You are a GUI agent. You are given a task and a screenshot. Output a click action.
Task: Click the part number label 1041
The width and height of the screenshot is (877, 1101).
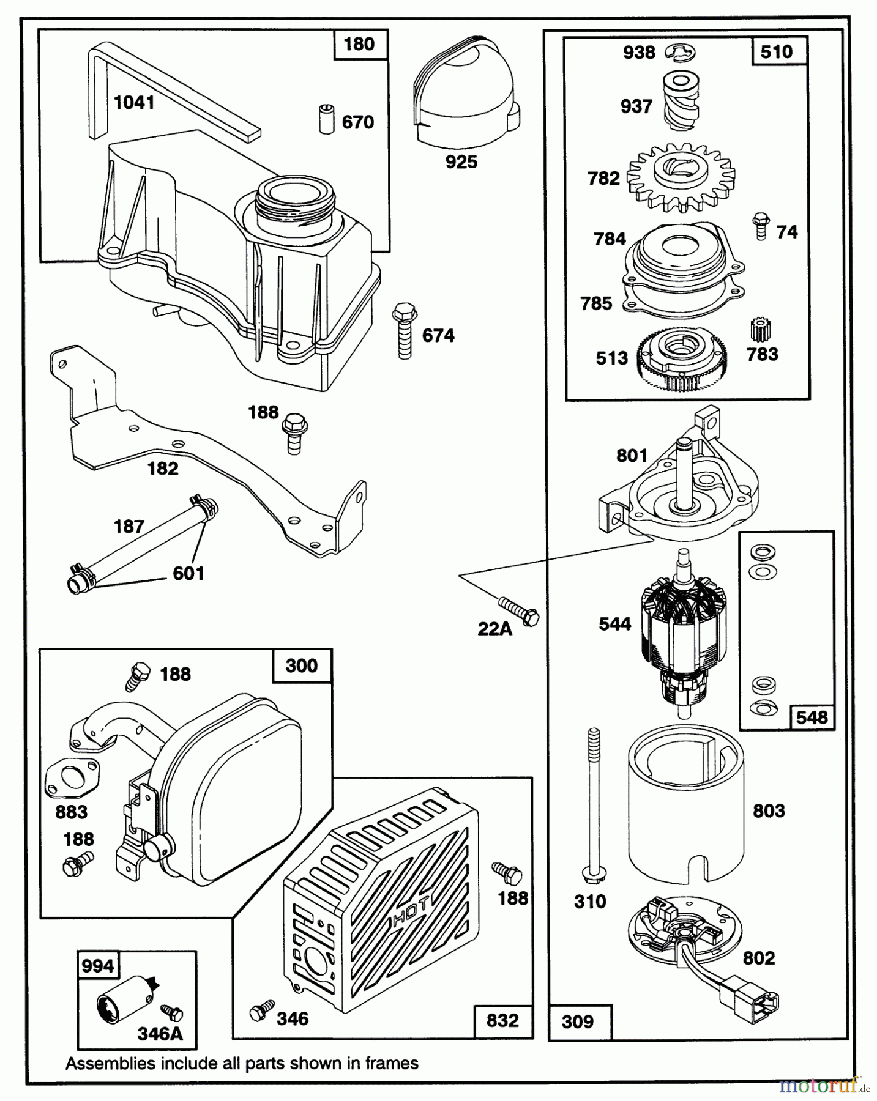point(134,103)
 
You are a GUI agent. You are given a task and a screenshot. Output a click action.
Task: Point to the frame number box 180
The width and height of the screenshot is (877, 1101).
point(360,44)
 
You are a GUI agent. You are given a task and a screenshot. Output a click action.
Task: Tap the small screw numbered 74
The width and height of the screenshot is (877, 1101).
point(761,227)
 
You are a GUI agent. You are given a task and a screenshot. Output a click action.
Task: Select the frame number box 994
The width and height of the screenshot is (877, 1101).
point(99,966)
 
